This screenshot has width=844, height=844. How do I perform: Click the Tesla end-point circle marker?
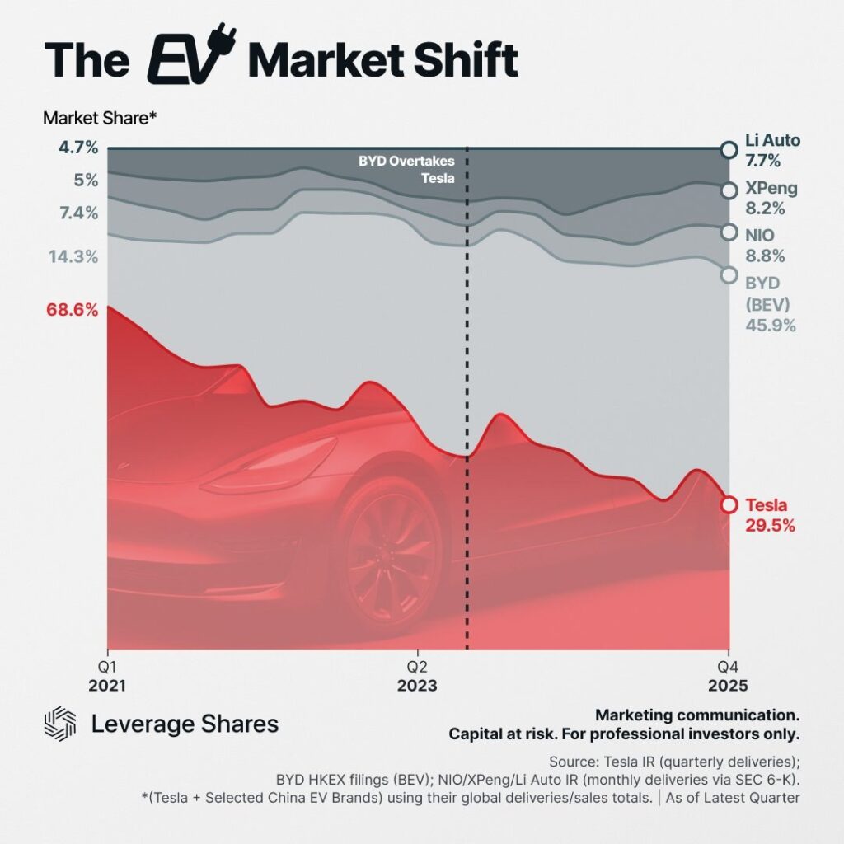tap(728, 504)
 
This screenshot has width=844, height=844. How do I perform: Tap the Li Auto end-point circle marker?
tap(728, 149)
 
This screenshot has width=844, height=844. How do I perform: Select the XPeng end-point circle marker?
tap(728, 190)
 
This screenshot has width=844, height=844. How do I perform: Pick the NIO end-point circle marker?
tap(728, 232)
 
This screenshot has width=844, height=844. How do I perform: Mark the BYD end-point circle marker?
tap(728, 274)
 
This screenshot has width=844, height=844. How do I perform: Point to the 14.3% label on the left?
tap(73, 256)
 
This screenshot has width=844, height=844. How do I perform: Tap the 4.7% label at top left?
tap(79, 148)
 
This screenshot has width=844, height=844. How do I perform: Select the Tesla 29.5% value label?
tap(770, 526)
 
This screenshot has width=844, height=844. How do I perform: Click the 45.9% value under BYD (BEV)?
tap(771, 326)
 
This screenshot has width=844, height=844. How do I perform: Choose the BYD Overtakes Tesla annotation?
tap(406, 168)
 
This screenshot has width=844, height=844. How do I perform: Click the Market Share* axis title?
tap(100, 118)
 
